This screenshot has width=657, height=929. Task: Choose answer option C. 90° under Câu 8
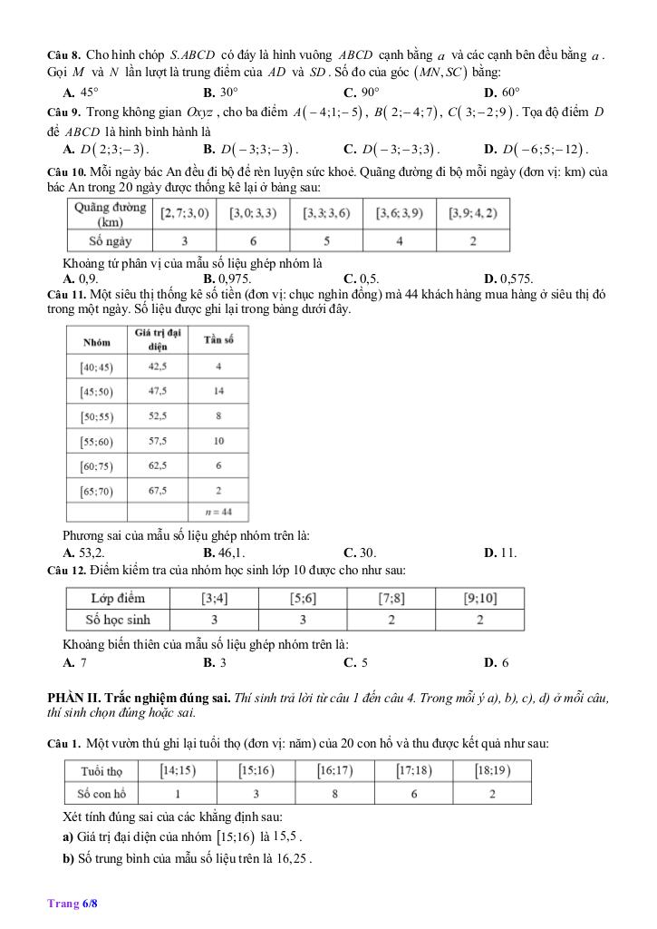click(361, 93)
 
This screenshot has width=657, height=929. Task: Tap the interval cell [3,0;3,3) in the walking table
click(253, 214)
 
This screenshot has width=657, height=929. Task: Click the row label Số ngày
click(111, 241)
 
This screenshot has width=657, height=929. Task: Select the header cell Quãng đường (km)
click(111, 214)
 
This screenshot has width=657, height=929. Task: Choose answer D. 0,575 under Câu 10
click(508, 279)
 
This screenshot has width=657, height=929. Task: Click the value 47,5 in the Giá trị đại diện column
click(158, 391)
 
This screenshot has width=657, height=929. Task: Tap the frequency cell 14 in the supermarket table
click(219, 391)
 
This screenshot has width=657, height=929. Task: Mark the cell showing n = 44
click(219, 512)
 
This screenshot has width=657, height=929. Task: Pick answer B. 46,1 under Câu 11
click(225, 553)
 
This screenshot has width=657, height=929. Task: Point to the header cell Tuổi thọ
click(102, 771)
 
